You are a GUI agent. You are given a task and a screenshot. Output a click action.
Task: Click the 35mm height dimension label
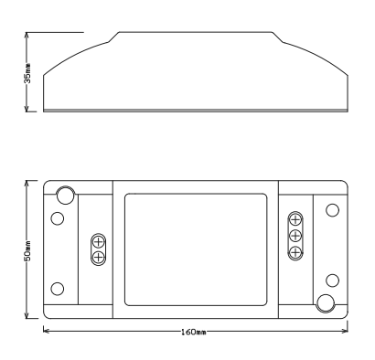27,73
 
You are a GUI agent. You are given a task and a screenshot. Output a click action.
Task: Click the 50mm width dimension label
27,251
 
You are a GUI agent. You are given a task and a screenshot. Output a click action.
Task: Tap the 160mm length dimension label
194,332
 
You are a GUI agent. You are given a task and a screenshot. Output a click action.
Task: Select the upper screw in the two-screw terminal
99,242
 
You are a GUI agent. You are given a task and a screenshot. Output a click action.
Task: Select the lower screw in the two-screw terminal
99,258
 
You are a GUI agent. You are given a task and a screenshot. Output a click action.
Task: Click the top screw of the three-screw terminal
295,219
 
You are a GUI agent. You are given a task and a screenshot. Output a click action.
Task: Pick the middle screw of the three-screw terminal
295,236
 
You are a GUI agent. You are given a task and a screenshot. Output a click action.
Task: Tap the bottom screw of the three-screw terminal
295,252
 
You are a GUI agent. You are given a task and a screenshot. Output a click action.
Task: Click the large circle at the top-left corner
65,195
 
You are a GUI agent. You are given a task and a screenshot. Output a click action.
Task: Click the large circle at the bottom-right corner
326,303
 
